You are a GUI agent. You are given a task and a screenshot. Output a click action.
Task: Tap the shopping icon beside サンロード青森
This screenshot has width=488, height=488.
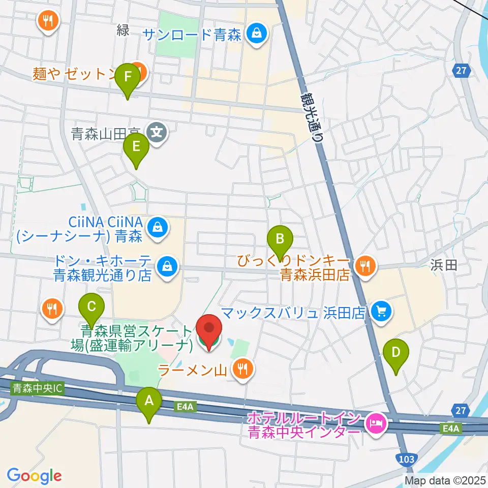pos(254,34)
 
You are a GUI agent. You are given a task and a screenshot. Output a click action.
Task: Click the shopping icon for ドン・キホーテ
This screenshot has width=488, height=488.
pos(166,266)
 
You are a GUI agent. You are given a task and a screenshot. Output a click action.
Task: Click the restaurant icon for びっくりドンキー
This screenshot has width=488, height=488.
pos(364,264)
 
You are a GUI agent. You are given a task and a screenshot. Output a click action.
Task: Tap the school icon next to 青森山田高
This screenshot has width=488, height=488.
pos(157,133)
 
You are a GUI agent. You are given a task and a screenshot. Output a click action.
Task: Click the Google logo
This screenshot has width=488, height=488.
pos(34,476)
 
